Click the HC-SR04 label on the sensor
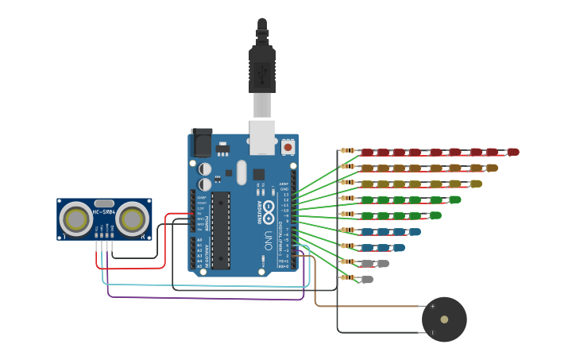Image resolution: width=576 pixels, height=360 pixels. pyautogui.click(x=104, y=212)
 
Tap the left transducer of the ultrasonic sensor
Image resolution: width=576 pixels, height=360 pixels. pyautogui.click(x=76, y=218)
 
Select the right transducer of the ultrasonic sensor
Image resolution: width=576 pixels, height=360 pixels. pyautogui.click(x=133, y=218)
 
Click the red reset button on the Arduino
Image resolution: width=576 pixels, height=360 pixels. pyautogui.click(x=288, y=147)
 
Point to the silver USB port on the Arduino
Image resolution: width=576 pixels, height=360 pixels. pyautogui.click(x=262, y=137)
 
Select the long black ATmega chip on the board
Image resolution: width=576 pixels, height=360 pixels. pyautogui.click(x=220, y=230)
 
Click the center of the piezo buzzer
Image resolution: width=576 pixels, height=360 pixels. pyautogui.click(x=444, y=319)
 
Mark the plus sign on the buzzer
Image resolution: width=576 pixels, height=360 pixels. pyautogui.click(x=432, y=306)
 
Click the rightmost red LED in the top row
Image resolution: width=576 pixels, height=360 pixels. pyautogui.click(x=512, y=152)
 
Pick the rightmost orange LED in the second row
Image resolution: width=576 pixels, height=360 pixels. pyautogui.click(x=492, y=168)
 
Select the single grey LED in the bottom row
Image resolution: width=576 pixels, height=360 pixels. pyautogui.click(x=366, y=279)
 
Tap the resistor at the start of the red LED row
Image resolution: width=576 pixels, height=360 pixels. pyautogui.click(x=347, y=151)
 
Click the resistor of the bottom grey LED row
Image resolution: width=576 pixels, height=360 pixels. pyautogui.click(x=347, y=277)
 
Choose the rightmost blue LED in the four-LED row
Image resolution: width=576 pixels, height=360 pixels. pyautogui.click(x=414, y=232)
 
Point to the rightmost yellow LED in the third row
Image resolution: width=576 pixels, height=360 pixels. pyautogui.click(x=475, y=184)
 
